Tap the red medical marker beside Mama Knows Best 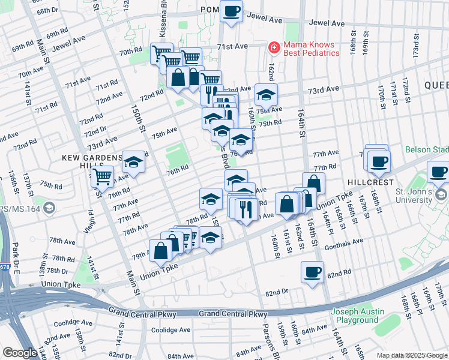tap(274, 47)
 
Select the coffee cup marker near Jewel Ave tap(231, 11)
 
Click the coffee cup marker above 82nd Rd tap(312, 272)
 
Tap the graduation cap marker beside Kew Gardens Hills tap(134, 162)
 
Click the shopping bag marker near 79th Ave tap(161, 251)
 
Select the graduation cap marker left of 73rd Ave tap(266, 94)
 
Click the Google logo tap(20, 353)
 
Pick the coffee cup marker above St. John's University tap(438, 172)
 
